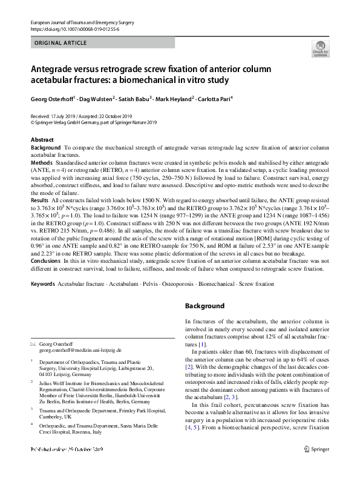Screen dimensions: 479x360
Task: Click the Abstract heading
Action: [42, 140]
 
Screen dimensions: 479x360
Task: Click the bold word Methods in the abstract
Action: [42, 164]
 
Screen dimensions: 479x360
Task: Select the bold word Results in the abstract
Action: [39, 199]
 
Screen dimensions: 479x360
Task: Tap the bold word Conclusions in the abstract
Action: [46, 262]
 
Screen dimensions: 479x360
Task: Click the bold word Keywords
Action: [42, 283]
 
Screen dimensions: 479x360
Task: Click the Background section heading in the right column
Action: [205, 306]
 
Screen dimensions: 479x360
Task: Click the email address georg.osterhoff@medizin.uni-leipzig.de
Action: [80, 350]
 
